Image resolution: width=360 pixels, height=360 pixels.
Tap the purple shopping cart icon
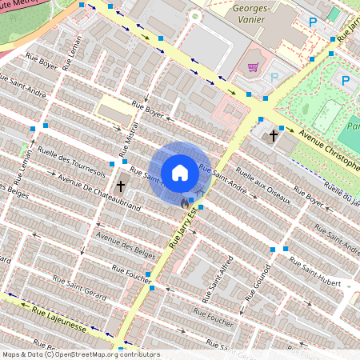[254, 68]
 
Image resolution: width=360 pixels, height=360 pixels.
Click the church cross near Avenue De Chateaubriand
[121, 186]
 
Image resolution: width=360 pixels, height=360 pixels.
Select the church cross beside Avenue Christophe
[274, 135]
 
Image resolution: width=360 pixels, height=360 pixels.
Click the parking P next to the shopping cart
[274, 77]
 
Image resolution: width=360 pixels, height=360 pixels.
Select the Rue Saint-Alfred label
[220, 275]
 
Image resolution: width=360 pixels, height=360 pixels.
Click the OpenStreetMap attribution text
[80, 354]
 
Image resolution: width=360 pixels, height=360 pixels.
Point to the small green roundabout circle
[194, 15]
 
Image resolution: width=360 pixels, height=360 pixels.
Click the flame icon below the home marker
[186, 204]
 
